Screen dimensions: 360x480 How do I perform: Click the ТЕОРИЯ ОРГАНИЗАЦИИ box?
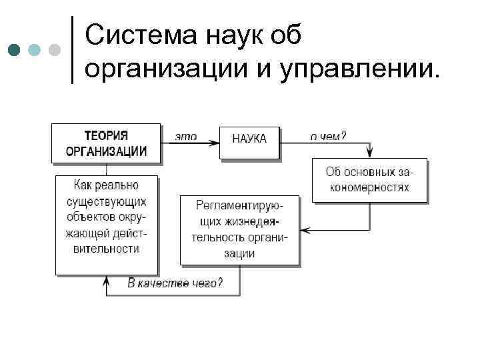pyautogui.click(x=106, y=143)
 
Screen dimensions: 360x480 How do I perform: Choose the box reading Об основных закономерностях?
pyautogui.click(x=369, y=179)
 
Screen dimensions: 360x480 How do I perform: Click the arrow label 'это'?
pyautogui.click(x=186, y=136)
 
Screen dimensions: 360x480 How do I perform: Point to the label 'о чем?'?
pyautogui.click(x=327, y=135)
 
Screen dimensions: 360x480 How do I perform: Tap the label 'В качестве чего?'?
pyautogui.click(x=175, y=283)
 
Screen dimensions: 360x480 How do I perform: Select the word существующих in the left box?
pyautogui.click(x=107, y=201)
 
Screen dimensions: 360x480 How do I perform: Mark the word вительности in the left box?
pyautogui.click(x=107, y=249)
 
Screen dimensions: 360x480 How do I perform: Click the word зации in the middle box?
pyautogui.click(x=240, y=253)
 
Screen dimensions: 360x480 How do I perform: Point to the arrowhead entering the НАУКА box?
pyautogui.click(x=215, y=141)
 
